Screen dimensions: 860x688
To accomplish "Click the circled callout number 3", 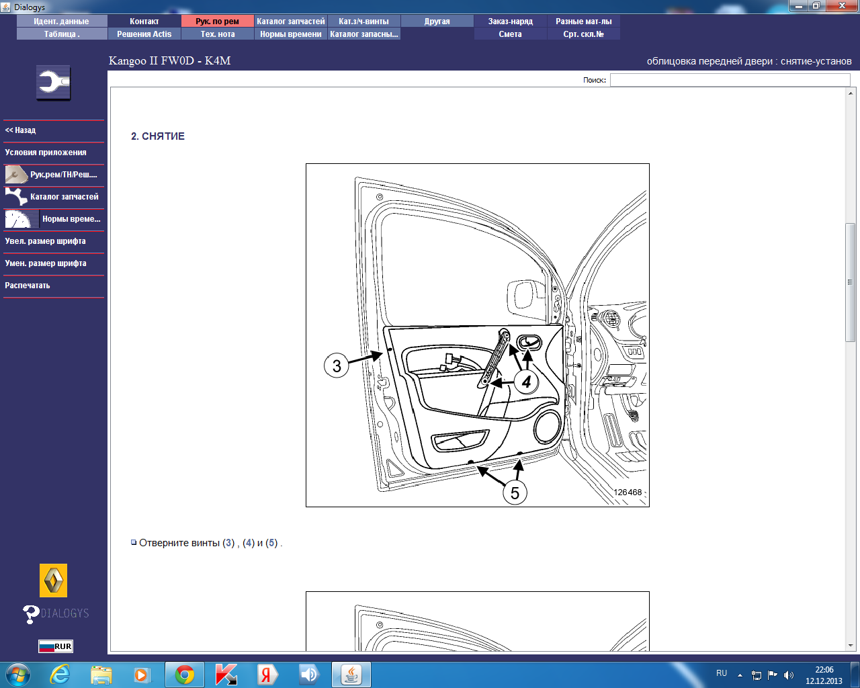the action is pyautogui.click(x=337, y=365).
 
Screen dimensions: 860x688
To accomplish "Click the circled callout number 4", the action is pyautogui.click(x=526, y=382).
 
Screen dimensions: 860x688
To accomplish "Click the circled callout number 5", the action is pyautogui.click(x=515, y=492).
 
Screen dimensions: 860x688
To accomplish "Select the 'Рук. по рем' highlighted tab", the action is pyautogui.click(x=218, y=21).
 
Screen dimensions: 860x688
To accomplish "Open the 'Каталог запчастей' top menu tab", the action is pyautogui.click(x=290, y=21).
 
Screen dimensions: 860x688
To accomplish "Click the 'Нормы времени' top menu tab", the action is pyautogui.click(x=290, y=34).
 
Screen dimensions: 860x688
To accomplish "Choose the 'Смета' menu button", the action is pyautogui.click(x=511, y=34).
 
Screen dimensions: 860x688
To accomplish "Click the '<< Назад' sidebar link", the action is pyautogui.click(x=20, y=130).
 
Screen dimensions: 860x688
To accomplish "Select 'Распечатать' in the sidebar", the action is pyautogui.click(x=28, y=286).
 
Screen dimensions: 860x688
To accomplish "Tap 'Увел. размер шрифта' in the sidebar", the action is pyautogui.click(x=45, y=241).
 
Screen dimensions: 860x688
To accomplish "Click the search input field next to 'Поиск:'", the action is pyautogui.click(x=730, y=79).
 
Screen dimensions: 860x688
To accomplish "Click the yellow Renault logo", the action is pyautogui.click(x=53, y=580).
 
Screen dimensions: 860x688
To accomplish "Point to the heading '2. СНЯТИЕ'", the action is pyautogui.click(x=158, y=136).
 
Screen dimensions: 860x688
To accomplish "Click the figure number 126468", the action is pyautogui.click(x=628, y=492).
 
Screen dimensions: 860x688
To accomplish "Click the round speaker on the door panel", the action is pyautogui.click(x=547, y=427).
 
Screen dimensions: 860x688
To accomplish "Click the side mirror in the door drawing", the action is pyautogui.click(x=525, y=295).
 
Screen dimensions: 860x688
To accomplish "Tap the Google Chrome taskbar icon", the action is pyautogui.click(x=185, y=675).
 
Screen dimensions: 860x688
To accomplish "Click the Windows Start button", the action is pyautogui.click(x=18, y=675).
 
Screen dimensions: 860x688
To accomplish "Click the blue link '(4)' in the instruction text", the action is pyautogui.click(x=248, y=543).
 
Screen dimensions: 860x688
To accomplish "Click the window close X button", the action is pyautogui.click(x=842, y=5).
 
